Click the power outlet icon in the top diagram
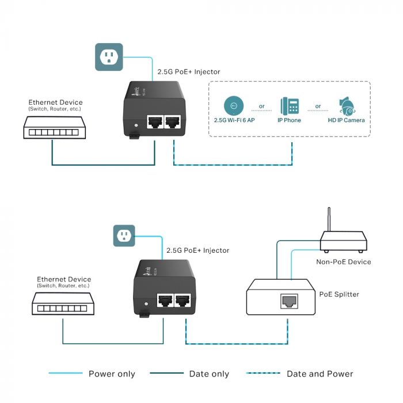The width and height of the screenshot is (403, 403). [x=109, y=56]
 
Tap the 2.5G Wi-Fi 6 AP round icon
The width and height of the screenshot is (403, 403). [x=233, y=106]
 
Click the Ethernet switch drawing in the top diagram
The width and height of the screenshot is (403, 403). [x=52, y=127]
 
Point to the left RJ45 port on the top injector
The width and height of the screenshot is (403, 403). [x=154, y=122]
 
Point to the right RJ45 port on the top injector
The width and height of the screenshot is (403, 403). [x=172, y=122]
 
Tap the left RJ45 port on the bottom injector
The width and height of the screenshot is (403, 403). [x=166, y=301]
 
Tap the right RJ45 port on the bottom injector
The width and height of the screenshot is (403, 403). [x=184, y=301]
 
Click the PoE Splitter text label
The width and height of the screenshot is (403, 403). [x=339, y=294]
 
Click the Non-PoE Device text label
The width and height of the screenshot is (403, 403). [x=344, y=262]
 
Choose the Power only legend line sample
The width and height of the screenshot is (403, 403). [x=64, y=374]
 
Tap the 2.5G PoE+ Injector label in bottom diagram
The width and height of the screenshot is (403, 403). [x=197, y=250]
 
